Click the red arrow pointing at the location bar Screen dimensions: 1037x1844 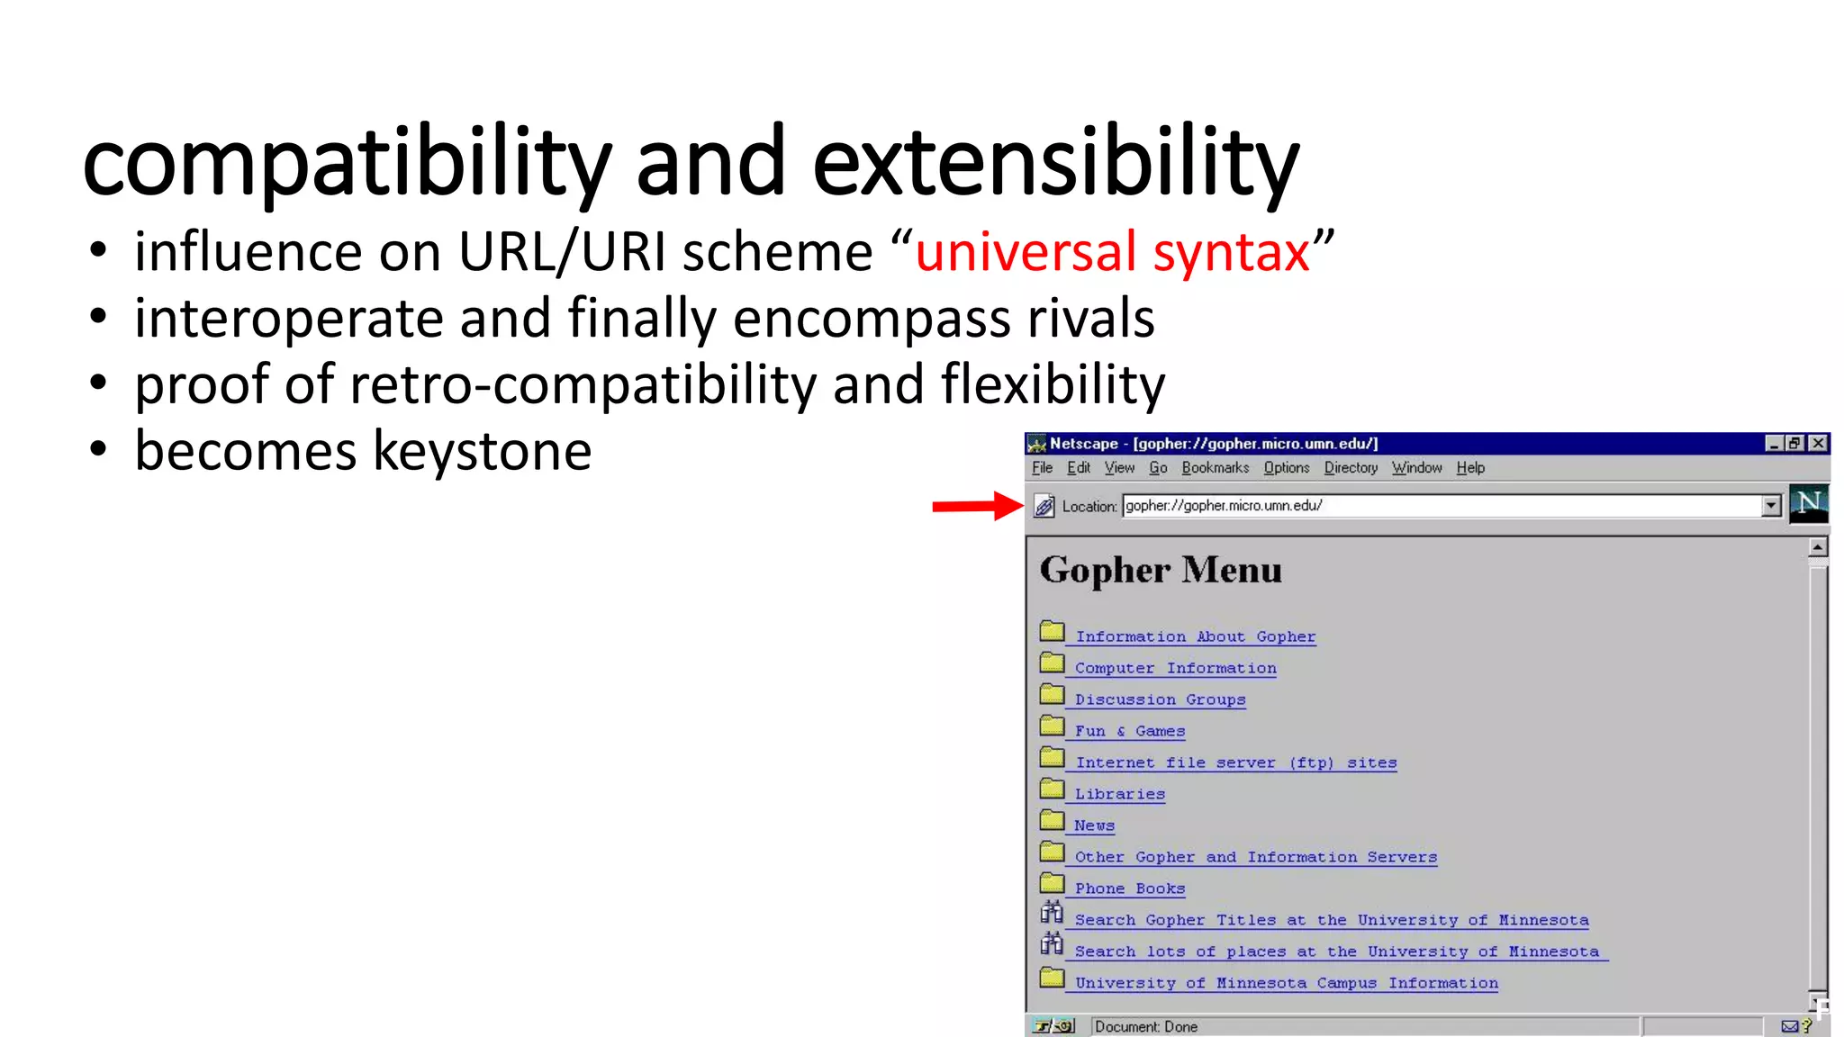point(976,506)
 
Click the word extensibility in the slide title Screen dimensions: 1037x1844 point(1056,163)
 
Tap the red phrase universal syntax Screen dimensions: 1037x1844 point(1112,251)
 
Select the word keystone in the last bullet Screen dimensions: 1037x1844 point(482,451)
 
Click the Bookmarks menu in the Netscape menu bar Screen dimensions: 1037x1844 point(1215,468)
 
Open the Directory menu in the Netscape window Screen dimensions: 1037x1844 point(1350,468)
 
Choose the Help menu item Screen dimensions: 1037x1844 point(1470,468)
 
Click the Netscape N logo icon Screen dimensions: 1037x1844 point(1808,502)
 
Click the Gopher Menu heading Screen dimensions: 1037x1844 point(1161,571)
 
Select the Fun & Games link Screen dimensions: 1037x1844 point(1129,731)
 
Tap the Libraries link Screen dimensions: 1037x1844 point(1119,794)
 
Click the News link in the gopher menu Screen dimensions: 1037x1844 point(1094,825)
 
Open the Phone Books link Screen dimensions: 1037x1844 point(1129,888)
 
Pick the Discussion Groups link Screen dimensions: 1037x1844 point(1160,699)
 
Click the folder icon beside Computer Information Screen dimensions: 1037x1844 point(1052,664)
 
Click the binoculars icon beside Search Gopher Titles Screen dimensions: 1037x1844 point(1052,914)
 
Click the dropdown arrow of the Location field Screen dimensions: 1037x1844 point(1771,506)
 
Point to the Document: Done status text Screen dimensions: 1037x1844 point(1146,1027)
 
